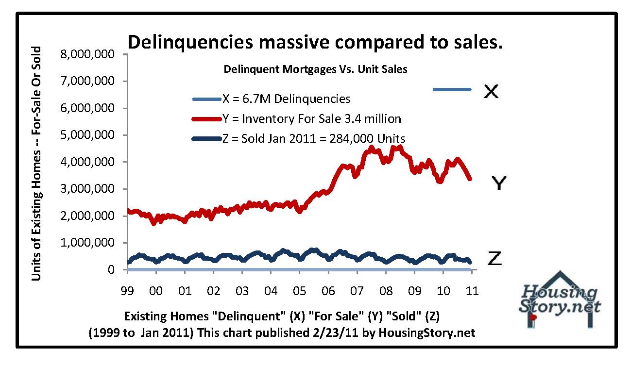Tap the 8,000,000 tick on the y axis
[x=87, y=54]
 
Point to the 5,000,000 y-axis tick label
[x=87, y=135]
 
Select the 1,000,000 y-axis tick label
[x=87, y=243]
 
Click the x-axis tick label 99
[x=127, y=291]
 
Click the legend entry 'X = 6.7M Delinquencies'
[x=286, y=99]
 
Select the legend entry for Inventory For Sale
[x=311, y=118]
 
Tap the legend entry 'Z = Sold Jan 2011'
[x=314, y=138]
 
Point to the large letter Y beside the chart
[x=500, y=183]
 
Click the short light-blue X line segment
[x=452, y=89]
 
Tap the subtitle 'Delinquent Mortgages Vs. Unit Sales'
[x=315, y=69]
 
